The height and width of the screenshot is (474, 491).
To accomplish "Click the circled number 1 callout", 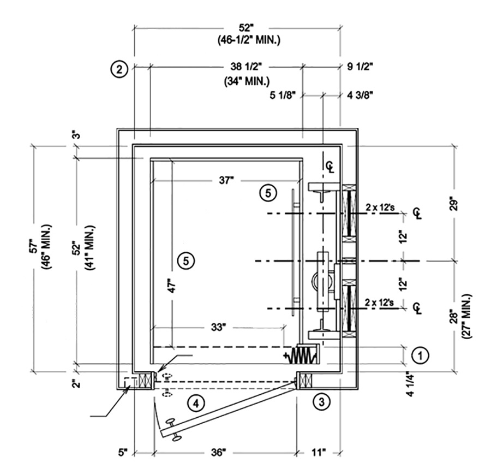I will click(x=420, y=355).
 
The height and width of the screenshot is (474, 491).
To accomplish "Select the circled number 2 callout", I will click(x=119, y=69).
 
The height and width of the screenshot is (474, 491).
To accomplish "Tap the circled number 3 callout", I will click(x=321, y=402).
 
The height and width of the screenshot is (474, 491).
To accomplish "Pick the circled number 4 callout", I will click(x=196, y=403).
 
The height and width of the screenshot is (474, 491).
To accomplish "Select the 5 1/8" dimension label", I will click(x=282, y=96).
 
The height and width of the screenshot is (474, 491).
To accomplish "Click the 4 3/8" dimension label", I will click(x=360, y=96).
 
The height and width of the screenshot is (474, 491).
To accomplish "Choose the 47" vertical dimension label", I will click(x=173, y=287).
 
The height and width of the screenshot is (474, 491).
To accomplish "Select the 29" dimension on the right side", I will click(x=457, y=203).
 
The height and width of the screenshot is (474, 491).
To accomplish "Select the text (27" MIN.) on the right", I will click(x=468, y=317).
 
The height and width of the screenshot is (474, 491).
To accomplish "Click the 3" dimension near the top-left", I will click(x=76, y=134).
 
